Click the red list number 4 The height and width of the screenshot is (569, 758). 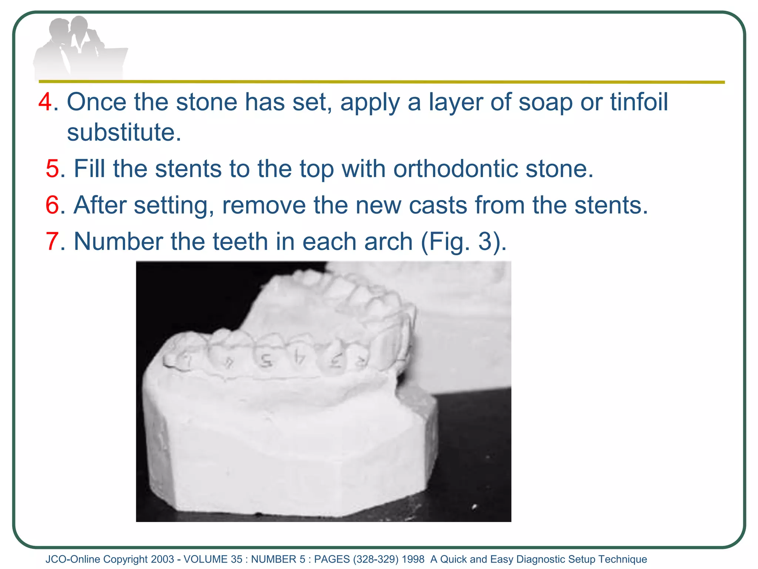coord(45,102)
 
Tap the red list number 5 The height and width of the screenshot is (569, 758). coord(52,169)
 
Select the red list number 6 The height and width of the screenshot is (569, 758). coord(52,205)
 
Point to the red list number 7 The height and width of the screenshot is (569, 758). coord(52,242)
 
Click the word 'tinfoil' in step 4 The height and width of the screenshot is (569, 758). coord(639,102)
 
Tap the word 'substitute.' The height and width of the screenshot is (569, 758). coord(124,132)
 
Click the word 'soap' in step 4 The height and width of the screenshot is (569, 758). coord(545,102)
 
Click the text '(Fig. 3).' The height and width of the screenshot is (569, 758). coord(463,242)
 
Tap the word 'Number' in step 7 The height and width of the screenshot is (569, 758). coord(118,242)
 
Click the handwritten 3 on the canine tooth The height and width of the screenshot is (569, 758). coord(336,360)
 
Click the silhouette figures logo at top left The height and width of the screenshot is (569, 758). coord(80,48)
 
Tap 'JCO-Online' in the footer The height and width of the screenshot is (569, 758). coord(73,559)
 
